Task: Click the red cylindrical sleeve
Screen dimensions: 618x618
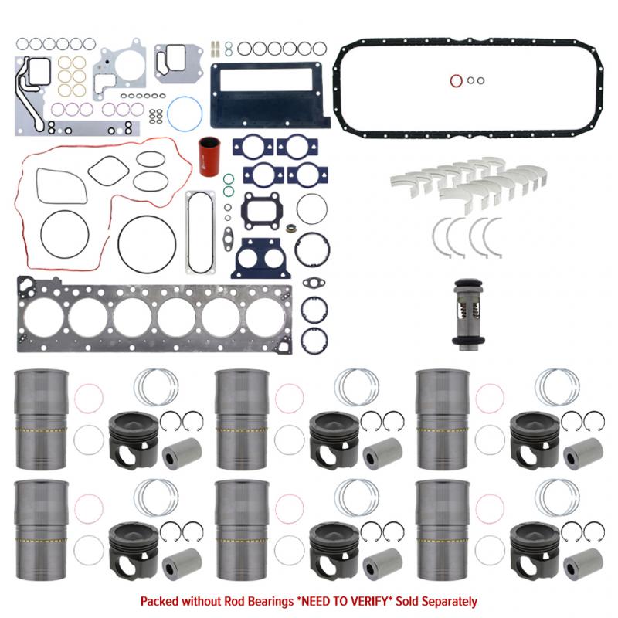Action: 209,157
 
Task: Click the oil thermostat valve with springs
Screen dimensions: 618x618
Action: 466,315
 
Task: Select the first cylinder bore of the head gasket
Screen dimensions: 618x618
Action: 44,318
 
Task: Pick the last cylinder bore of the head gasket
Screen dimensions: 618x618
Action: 266,318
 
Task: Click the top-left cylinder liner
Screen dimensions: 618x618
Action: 42,419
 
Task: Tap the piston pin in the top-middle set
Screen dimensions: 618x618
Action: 382,453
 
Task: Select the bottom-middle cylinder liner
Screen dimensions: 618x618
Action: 242,530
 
